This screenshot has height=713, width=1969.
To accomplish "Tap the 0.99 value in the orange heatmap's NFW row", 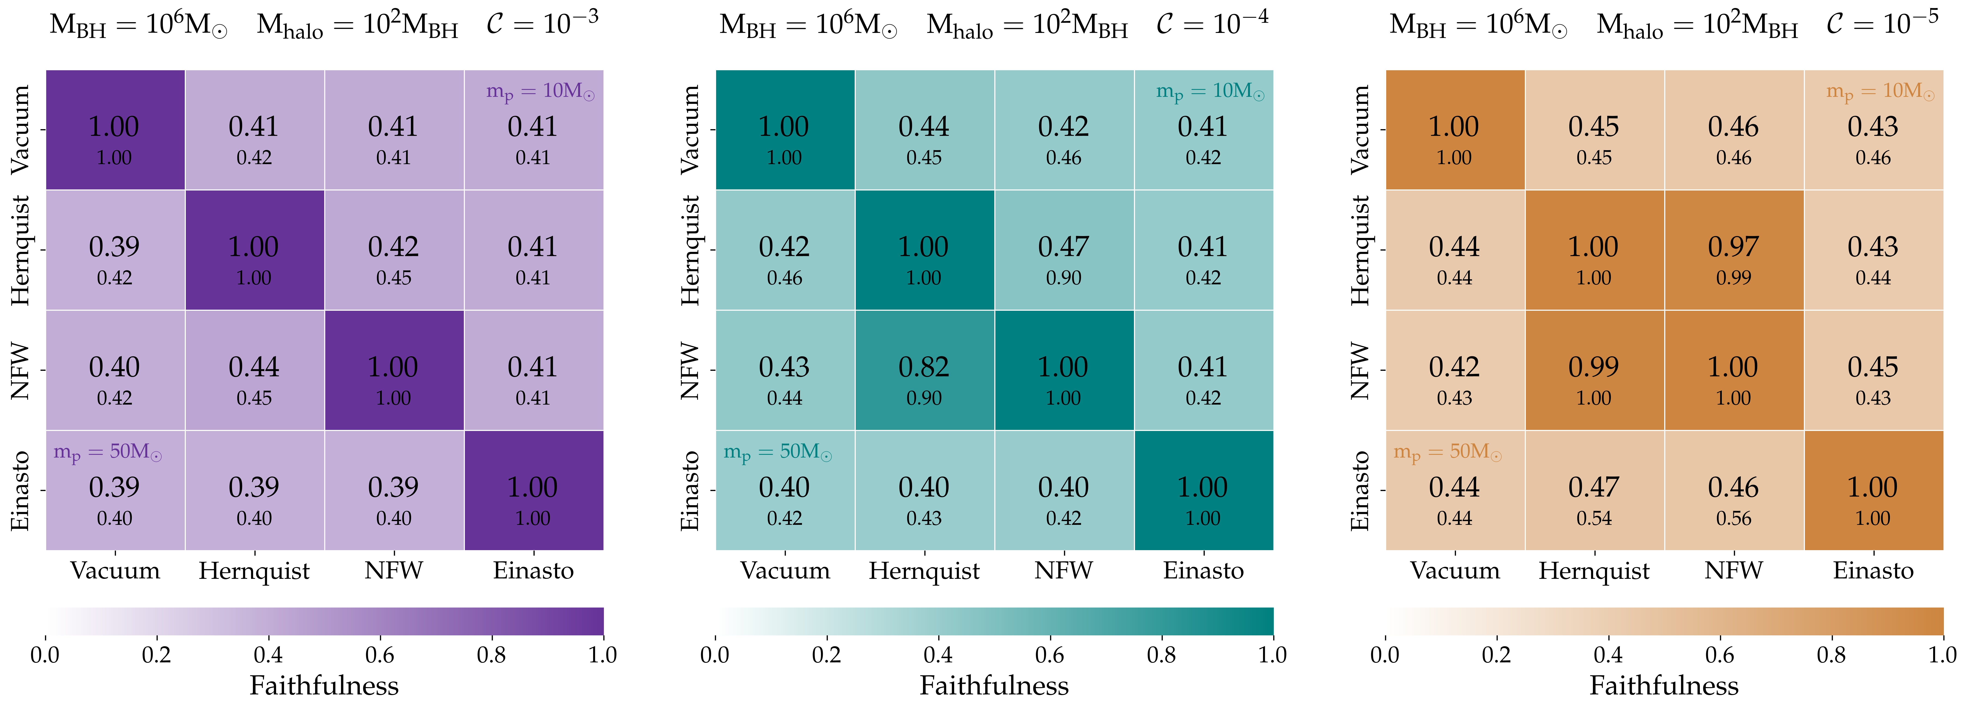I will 1594,368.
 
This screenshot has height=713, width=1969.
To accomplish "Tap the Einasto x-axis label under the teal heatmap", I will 1203,571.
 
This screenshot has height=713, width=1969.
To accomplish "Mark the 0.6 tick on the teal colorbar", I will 1050,655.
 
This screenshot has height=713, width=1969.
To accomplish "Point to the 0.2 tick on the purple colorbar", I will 157,655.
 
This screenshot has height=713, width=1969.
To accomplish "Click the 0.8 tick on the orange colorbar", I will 1831,655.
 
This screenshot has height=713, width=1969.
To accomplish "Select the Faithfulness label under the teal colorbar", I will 994,686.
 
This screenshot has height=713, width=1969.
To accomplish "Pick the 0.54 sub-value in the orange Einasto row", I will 1594,518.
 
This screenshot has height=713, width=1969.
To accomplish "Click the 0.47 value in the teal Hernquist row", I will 1063,247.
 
